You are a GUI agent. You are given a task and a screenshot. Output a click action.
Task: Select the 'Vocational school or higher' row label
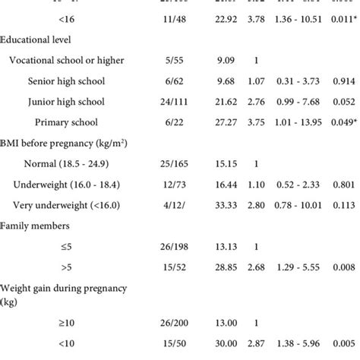74,60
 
